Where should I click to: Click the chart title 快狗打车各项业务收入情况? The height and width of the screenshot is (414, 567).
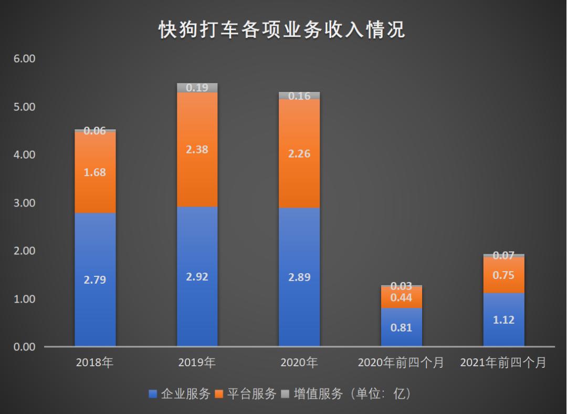[282, 30]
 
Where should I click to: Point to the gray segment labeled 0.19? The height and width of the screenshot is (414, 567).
[197, 88]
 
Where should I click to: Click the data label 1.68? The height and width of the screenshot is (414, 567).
[95, 172]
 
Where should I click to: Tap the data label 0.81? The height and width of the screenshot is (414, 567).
[401, 328]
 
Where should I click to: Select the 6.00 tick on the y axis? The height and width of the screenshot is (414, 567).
[24, 59]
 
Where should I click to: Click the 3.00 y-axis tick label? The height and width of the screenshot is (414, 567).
[24, 203]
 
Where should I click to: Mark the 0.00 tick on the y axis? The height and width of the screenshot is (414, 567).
[24, 347]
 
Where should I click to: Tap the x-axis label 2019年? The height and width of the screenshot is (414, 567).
[197, 363]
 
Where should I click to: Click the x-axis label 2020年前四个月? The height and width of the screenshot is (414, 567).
[401, 363]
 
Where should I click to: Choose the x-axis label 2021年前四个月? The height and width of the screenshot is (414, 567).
[503, 363]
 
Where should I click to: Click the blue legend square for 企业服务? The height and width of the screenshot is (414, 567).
[153, 394]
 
